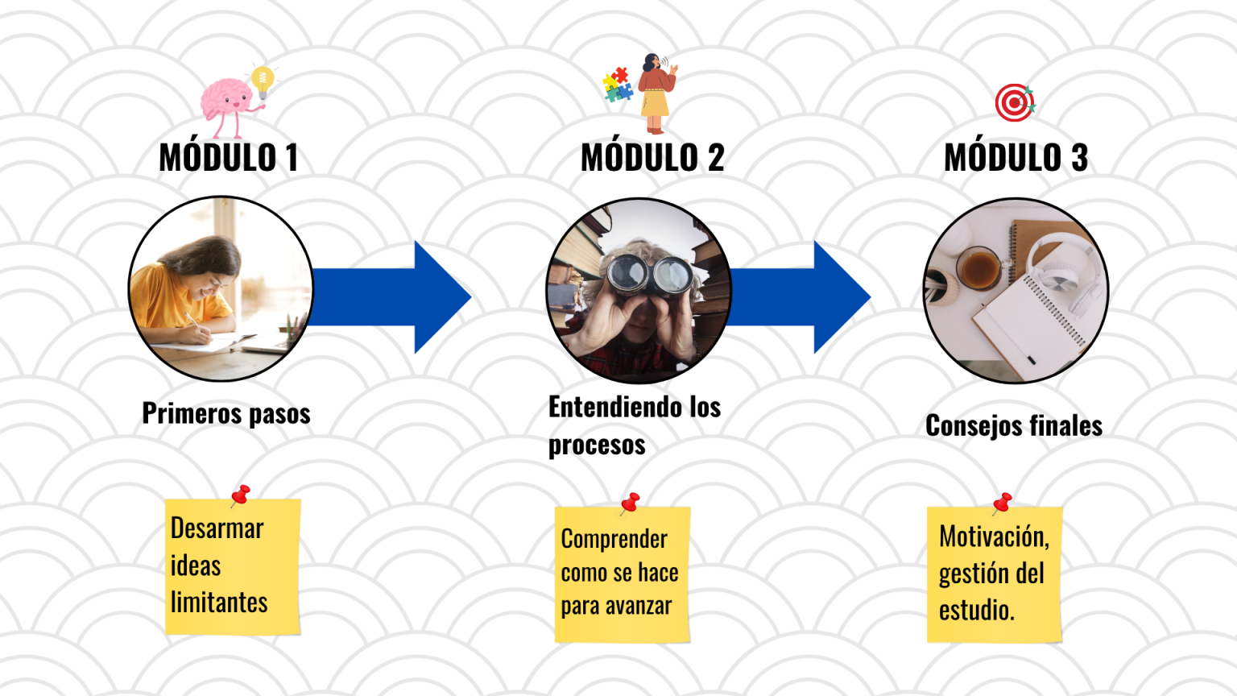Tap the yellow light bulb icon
coord(263,81)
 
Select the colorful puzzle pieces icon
coord(618,85)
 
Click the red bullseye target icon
coord(1015,103)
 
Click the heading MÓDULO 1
coord(229,157)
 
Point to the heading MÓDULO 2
coord(652,157)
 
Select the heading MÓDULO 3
coord(1016,157)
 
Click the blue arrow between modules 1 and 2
coord(389,297)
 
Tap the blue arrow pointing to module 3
coord(798,297)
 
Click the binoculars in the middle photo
coord(649,275)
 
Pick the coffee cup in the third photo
coord(979,268)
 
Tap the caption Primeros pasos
coord(226,414)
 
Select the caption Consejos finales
coord(1014,426)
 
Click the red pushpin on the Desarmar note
coord(241,495)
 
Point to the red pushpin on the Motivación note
coord(1002,503)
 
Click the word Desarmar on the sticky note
coord(217,528)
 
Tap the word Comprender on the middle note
coord(614,540)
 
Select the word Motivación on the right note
coord(994,536)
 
